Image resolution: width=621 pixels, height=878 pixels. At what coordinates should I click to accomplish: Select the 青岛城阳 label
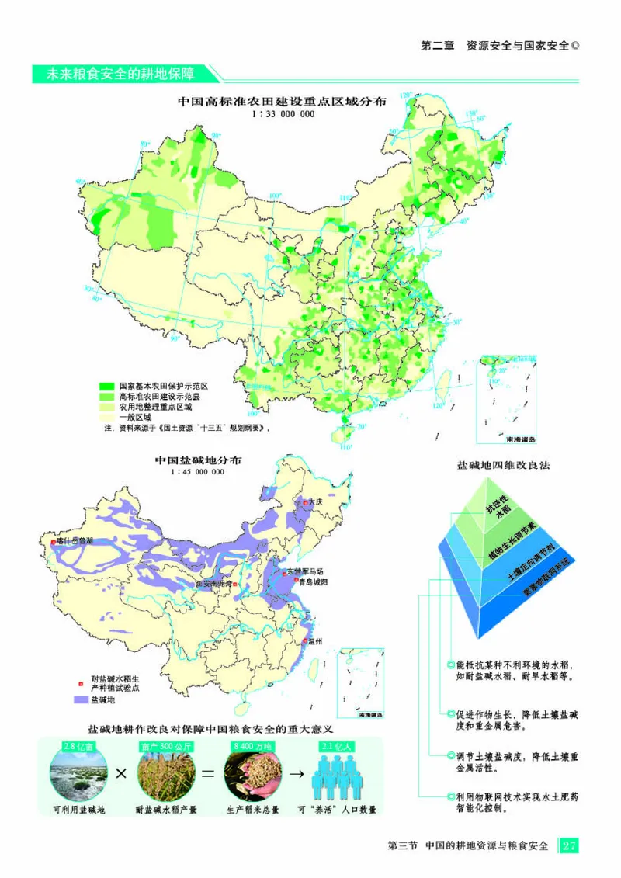click(314, 581)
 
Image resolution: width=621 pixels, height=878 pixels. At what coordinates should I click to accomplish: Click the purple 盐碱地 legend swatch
click(82, 700)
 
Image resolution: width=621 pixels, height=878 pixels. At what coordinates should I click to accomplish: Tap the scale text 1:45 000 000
click(199, 471)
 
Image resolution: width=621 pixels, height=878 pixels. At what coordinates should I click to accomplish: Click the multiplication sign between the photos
click(121, 775)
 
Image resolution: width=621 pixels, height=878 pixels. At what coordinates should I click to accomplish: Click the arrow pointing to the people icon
click(294, 775)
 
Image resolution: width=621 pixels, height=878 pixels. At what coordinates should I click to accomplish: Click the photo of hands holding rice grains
click(251, 776)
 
